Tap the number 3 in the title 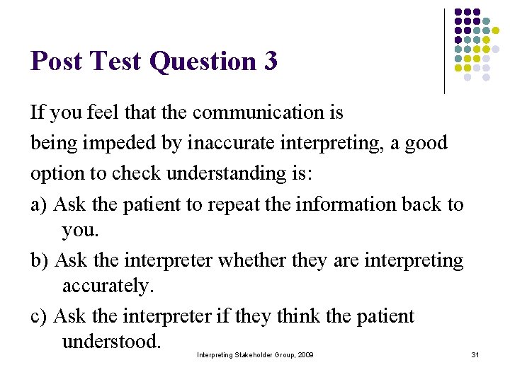point(270,62)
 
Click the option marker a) point(39,205)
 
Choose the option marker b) point(40,260)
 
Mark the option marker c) point(39,316)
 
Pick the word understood point(112,342)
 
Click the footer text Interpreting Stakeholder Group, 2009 point(255,354)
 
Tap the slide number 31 point(475,354)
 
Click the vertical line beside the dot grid point(444,51)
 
